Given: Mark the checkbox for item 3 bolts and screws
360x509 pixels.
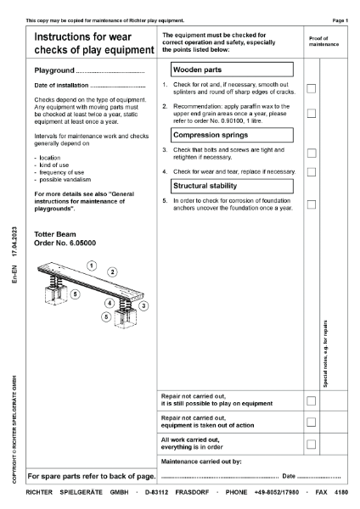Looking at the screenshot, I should pos(312,153).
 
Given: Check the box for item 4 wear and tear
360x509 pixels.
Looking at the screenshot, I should pos(312,171).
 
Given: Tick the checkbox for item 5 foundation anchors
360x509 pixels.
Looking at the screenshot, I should pos(312,204).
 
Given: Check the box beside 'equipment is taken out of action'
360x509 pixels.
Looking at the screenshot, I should pos(312,422).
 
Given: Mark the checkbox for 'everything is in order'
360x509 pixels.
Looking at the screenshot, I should pos(312,444).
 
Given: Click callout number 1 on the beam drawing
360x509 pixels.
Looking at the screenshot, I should pos(90,266).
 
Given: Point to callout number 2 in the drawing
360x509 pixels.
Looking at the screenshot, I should pos(112,271).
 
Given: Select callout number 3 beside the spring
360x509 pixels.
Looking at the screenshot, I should pos(144,305).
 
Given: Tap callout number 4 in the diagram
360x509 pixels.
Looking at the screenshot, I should pos(110,303).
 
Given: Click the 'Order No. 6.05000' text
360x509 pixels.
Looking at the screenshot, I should pos(65,241).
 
